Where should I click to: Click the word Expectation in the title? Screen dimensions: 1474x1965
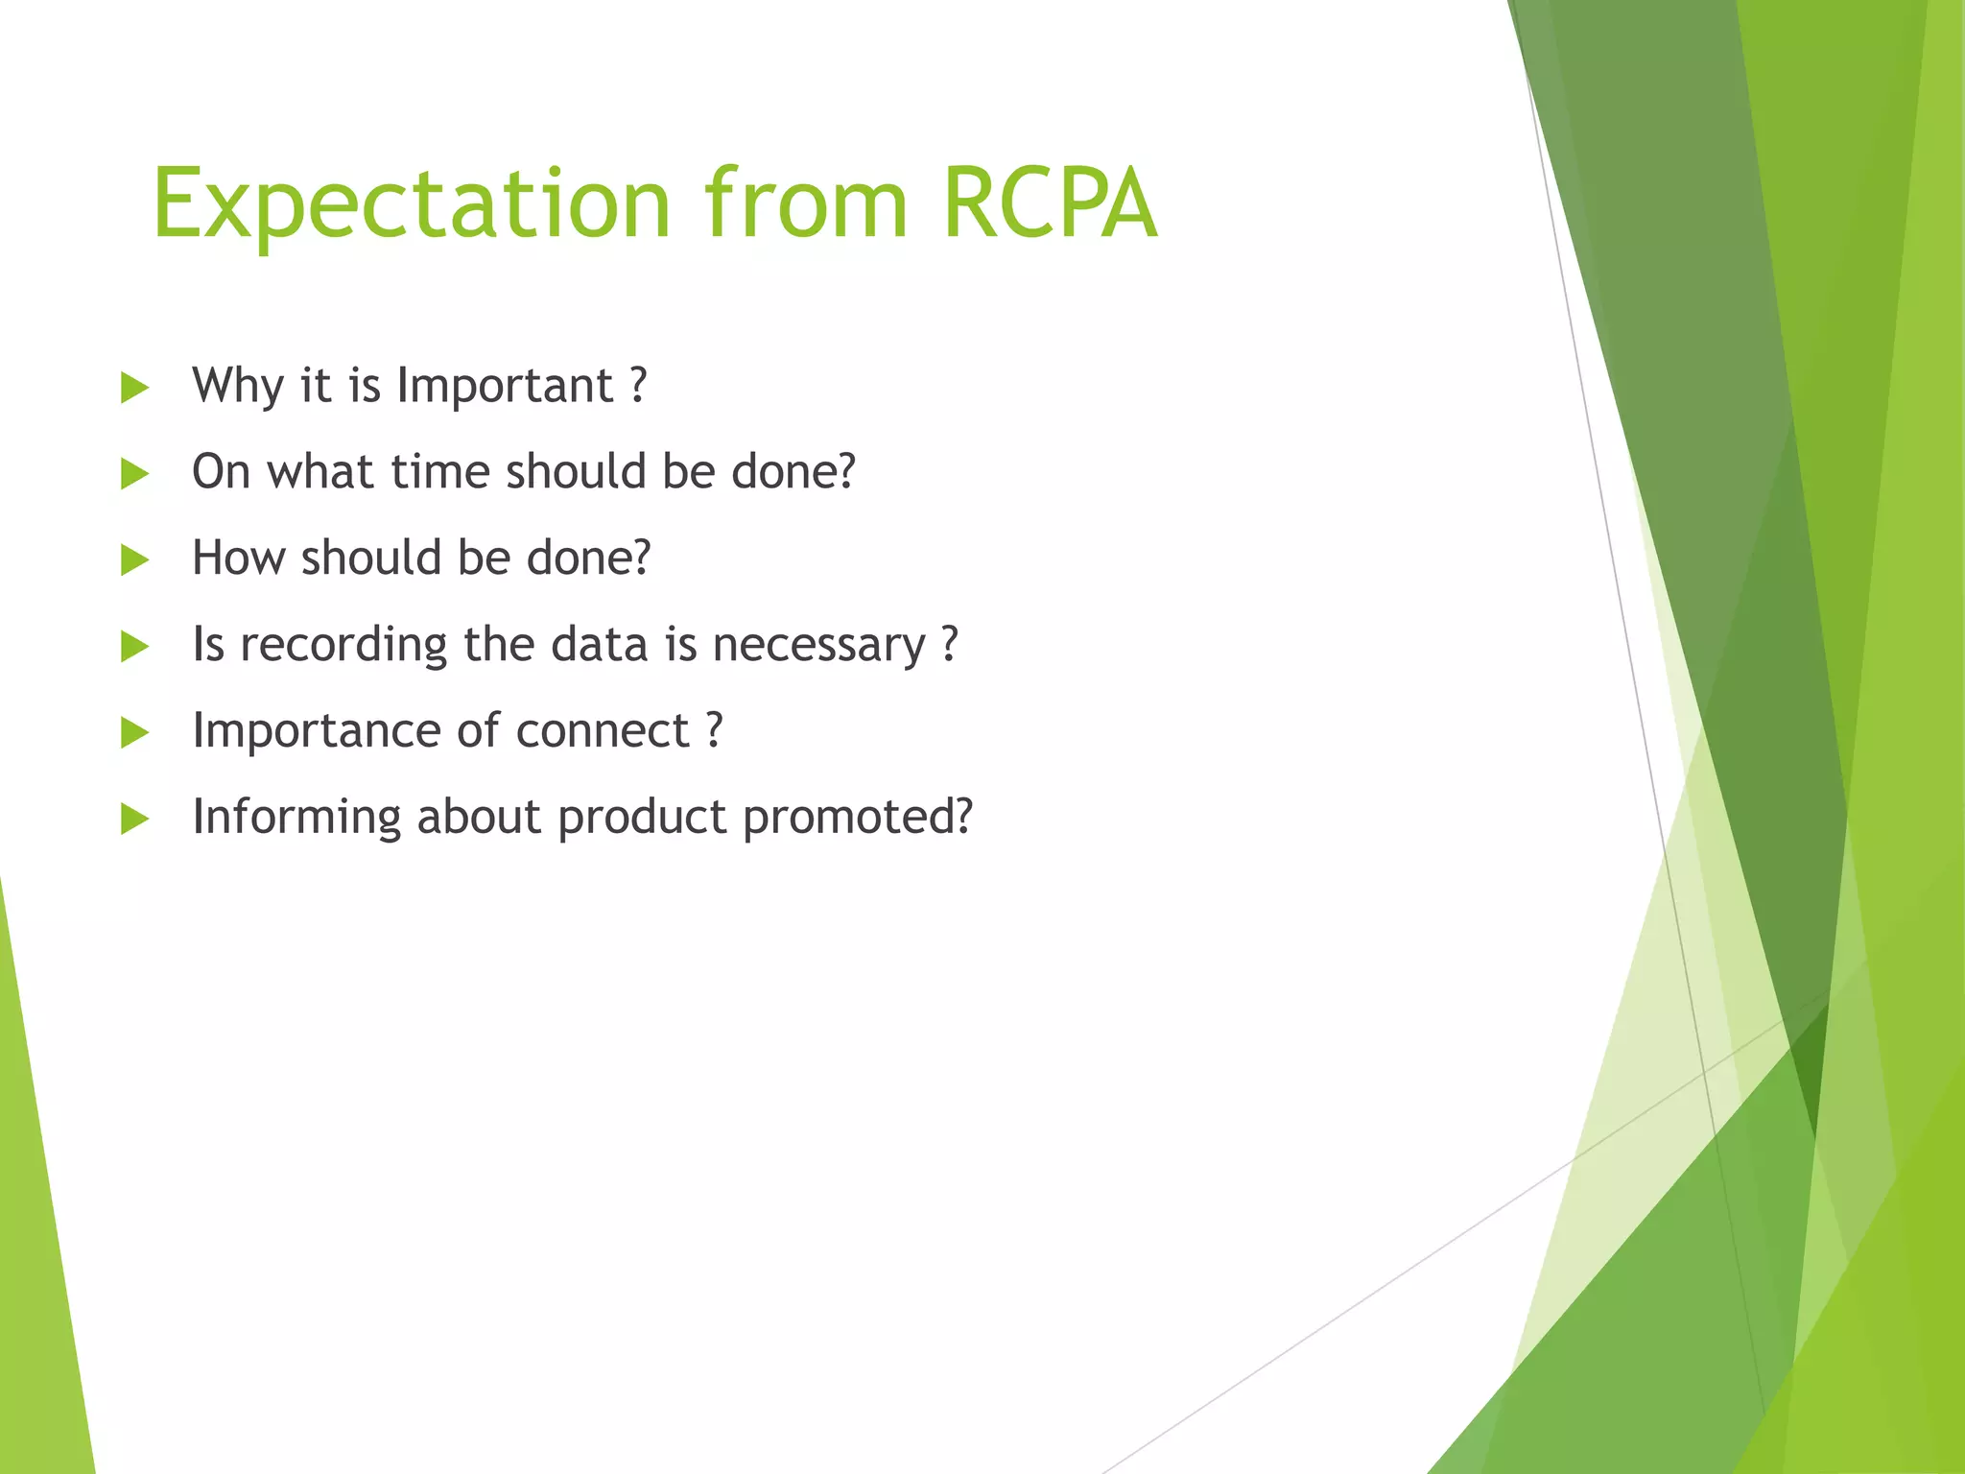pyautogui.click(x=411, y=204)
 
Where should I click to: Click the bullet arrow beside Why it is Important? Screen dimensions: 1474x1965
pyautogui.click(x=135, y=388)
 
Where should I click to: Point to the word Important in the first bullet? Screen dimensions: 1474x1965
pyautogui.click(x=505, y=387)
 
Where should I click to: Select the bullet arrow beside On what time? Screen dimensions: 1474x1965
pyautogui.click(x=135, y=474)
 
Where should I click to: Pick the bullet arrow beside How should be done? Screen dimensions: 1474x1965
pyautogui.click(x=135, y=560)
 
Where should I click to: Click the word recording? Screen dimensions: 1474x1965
pyautogui.click(x=343, y=645)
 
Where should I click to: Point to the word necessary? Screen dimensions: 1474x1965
pyautogui.click(x=818, y=645)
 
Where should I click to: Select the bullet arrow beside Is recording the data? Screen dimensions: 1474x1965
pyautogui.click(x=135, y=647)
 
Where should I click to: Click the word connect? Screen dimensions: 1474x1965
pyautogui.click(x=603, y=731)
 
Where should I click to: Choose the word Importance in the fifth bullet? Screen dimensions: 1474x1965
pyautogui.click(x=317, y=731)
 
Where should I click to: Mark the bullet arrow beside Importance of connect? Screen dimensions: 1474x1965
pyautogui.click(x=135, y=733)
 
